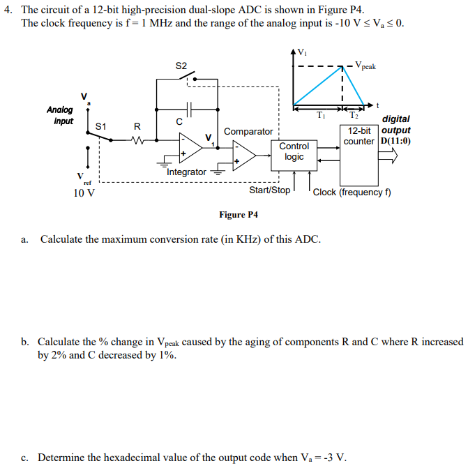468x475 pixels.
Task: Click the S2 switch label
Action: [x=181, y=66]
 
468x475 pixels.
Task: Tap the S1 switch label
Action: [x=100, y=126]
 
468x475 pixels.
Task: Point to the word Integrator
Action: [x=187, y=172]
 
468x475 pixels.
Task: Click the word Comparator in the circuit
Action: [x=248, y=131]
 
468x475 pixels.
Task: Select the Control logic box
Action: [x=294, y=151]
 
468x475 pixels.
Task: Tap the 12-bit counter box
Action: [x=359, y=136]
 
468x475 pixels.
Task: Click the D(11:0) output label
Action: [x=395, y=141]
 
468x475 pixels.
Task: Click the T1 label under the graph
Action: [x=319, y=116]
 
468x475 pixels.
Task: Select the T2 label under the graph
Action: [x=354, y=116]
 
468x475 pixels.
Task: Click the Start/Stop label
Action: [x=270, y=190]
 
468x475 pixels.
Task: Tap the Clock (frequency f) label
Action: [x=352, y=192]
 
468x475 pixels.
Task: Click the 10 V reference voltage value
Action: [x=84, y=193]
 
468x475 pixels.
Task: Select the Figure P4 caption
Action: [x=233, y=214]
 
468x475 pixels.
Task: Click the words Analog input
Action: [x=59, y=115]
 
